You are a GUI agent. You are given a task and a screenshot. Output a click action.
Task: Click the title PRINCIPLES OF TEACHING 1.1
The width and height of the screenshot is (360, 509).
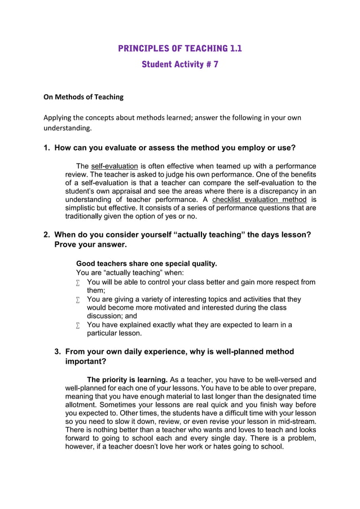[x=179, y=48]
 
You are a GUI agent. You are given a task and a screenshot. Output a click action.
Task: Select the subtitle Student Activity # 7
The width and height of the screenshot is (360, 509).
[x=179, y=64]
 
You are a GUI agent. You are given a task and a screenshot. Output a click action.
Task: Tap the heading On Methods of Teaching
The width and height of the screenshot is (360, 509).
[x=84, y=97]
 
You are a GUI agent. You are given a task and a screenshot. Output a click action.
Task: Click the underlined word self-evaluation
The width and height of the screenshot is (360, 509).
[x=115, y=166]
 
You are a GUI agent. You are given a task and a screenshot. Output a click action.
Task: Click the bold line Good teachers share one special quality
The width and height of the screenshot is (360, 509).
[x=146, y=264]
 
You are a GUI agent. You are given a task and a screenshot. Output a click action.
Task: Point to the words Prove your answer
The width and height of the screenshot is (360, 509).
[x=90, y=245]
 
